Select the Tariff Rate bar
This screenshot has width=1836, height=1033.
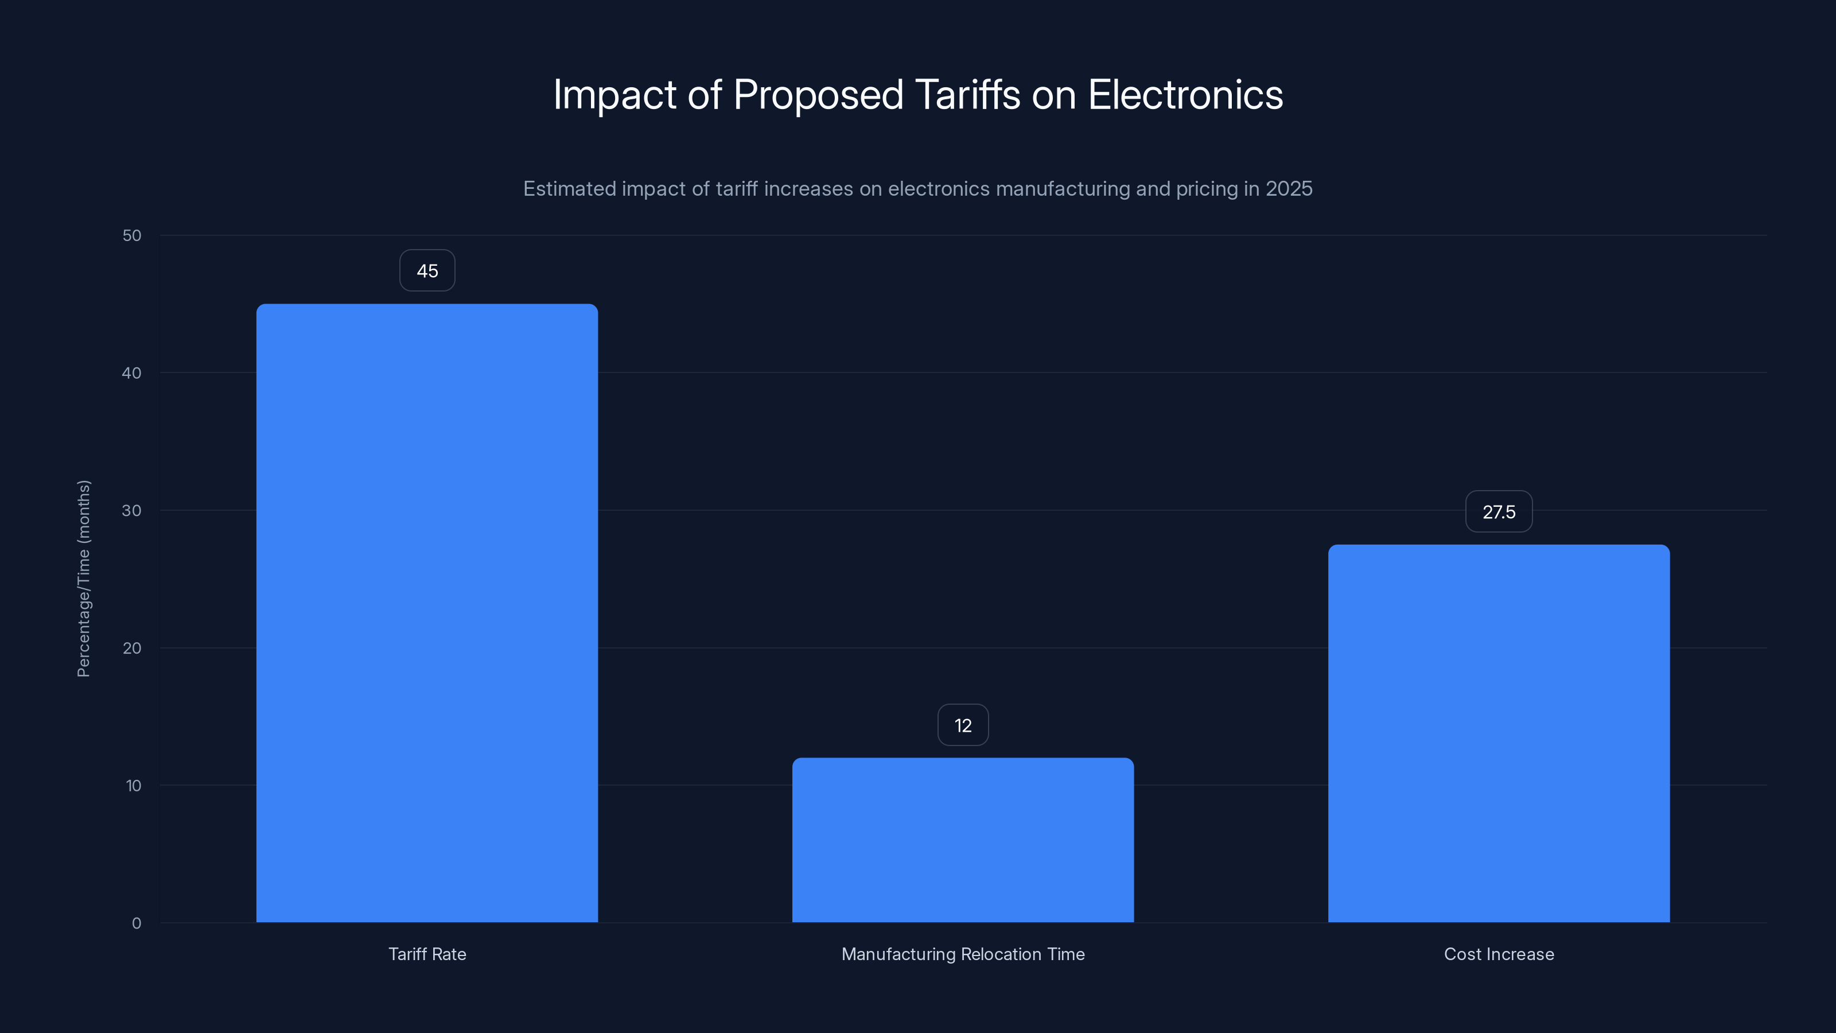click(427, 613)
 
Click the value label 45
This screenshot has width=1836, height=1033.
click(427, 271)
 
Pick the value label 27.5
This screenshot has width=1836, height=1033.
click(1499, 512)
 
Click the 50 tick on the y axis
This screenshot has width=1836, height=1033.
click(132, 235)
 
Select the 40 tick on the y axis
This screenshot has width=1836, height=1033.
click(132, 373)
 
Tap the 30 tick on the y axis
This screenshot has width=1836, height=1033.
click(132, 510)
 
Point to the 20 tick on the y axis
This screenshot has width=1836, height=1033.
click(132, 648)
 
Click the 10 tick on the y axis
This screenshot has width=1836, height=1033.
click(133, 786)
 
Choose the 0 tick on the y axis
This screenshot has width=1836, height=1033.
click(136, 923)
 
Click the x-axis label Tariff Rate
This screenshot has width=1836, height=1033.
click(427, 954)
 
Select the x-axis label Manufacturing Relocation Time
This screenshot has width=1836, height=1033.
click(963, 954)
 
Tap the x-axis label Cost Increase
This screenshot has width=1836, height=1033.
click(1499, 954)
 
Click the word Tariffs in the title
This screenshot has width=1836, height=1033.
click(967, 95)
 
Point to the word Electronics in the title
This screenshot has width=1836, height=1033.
click(1185, 95)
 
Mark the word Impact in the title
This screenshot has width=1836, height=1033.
click(614, 95)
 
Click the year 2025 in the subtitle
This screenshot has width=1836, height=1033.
click(1289, 189)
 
